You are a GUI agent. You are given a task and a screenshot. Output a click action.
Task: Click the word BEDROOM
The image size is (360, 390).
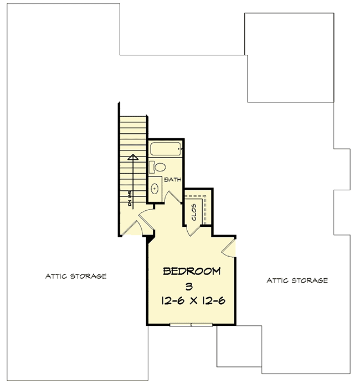coord(192,272)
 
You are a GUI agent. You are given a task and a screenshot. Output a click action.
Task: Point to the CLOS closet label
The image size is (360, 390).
coord(194,212)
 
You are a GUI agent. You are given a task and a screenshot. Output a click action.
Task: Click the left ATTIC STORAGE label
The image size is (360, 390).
coord(76,276)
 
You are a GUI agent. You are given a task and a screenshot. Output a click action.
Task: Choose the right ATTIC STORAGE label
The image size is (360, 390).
coord(297,280)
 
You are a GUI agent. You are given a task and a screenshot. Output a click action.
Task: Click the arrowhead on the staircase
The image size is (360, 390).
coord(132,158)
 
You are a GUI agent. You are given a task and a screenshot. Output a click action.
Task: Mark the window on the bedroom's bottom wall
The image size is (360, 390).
coord(191,324)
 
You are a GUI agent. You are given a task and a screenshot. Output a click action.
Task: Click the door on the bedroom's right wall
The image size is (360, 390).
coord(229,248)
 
